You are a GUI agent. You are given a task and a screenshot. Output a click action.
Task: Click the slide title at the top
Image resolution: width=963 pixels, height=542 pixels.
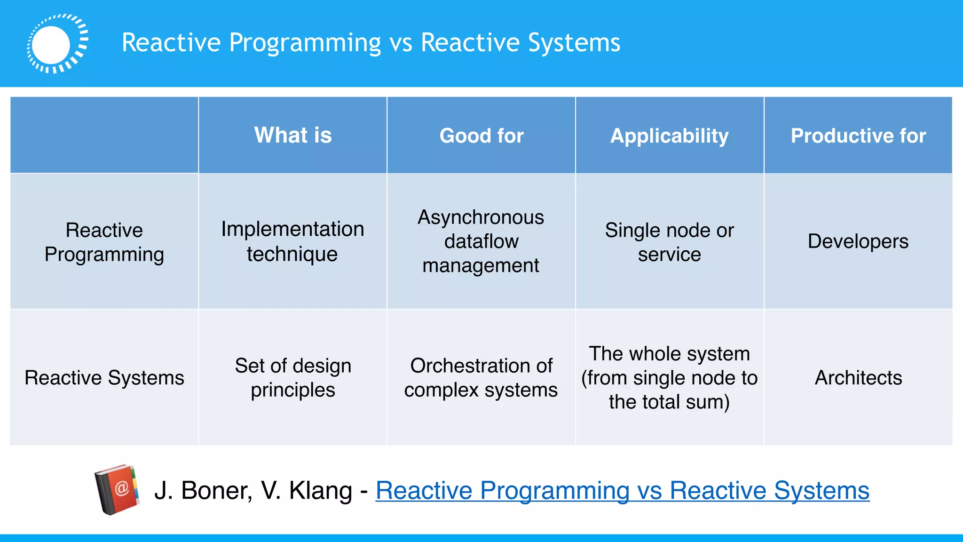[371, 43]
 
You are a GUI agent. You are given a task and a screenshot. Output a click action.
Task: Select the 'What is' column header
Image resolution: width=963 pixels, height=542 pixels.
[293, 135]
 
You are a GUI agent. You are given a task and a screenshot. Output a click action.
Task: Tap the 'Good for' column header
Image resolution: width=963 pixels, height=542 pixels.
[481, 136]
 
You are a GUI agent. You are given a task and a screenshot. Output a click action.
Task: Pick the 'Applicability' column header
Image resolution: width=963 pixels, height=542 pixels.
[670, 136]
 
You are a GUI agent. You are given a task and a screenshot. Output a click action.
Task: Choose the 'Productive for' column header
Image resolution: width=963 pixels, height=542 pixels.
[858, 136]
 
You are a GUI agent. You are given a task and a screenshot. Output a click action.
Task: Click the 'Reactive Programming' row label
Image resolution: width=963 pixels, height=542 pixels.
[104, 242]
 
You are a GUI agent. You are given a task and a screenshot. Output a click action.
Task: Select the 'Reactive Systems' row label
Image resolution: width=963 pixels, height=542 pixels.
[104, 378]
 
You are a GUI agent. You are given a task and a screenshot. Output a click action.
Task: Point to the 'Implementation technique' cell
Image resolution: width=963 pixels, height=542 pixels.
[292, 241]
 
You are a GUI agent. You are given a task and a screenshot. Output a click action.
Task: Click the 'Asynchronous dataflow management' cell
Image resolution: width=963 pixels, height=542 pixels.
[481, 241]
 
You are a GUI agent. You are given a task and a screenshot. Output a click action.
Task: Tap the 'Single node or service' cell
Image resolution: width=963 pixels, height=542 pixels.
[670, 242]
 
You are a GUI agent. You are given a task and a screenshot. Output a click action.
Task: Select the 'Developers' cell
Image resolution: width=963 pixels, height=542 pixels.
[858, 241]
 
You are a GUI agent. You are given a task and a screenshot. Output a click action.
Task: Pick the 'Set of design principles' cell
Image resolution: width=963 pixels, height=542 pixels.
[293, 378]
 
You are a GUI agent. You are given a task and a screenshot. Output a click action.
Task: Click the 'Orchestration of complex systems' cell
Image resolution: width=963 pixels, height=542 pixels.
[481, 378]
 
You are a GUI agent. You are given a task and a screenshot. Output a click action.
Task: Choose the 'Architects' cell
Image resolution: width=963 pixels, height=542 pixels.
[858, 378]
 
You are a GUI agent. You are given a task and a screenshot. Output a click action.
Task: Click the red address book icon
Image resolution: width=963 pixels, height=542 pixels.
[117, 490]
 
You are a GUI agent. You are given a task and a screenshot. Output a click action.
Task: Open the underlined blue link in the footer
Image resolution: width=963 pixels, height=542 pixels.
[623, 491]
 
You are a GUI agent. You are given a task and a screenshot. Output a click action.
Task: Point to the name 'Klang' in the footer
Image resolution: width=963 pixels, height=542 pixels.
[320, 491]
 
